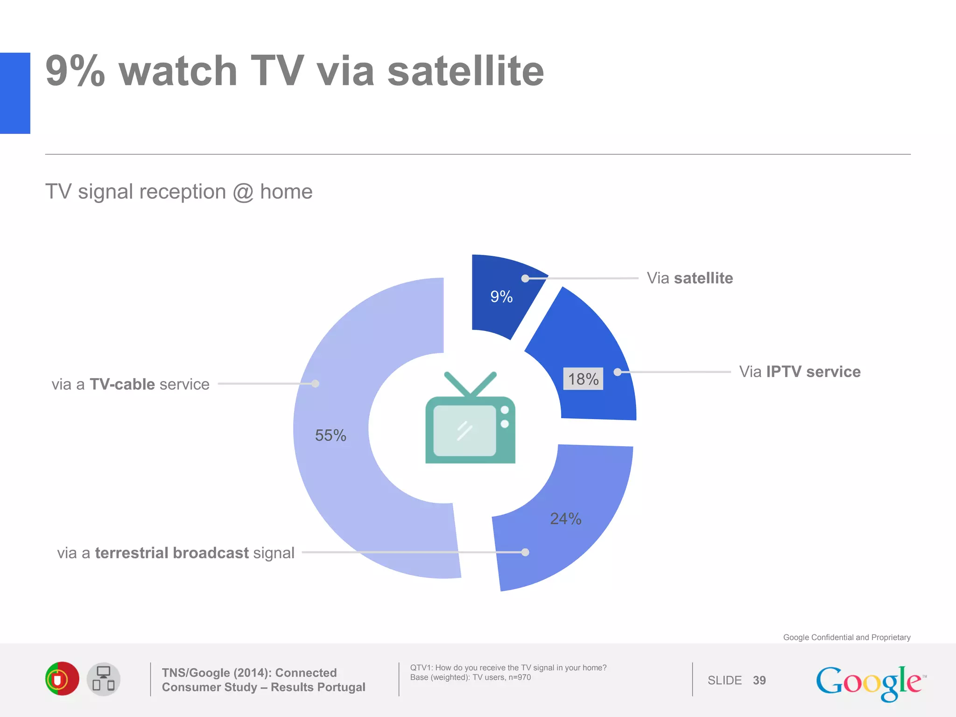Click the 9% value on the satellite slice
coord(501,296)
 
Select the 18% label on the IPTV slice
coord(583,379)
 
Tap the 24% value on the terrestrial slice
coord(565,519)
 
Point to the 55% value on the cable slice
coord(330,436)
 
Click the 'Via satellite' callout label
coord(689,278)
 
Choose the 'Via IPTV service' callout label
coord(800,372)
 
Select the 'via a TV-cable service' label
coord(130,384)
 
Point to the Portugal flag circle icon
coord(62,679)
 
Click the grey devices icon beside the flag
coord(104,679)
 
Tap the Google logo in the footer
coord(870,682)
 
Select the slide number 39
coord(759,680)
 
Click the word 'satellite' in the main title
coord(465,71)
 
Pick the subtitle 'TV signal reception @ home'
coord(179,192)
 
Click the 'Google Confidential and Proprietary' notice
coord(846,637)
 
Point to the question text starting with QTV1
coord(508,672)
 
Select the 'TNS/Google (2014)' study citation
coord(263,680)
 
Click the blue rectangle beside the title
coord(15,93)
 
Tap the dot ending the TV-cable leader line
coord(316,384)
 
